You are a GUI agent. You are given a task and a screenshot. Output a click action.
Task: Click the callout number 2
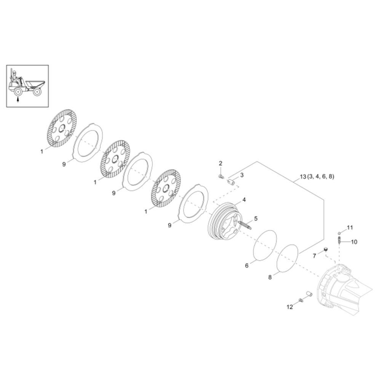[x=220, y=163]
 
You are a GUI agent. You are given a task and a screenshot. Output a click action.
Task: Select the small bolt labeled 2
[x=221, y=176]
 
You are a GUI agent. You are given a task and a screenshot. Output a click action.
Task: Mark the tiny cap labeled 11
[x=339, y=232]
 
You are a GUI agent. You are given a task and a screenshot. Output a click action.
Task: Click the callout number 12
[x=290, y=307]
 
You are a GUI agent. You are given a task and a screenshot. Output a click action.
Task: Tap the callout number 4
[x=244, y=200]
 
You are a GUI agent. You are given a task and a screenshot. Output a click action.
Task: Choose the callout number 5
[x=256, y=219]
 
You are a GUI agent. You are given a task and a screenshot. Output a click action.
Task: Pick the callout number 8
[x=270, y=277]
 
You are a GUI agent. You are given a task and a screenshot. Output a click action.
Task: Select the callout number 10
[x=354, y=242]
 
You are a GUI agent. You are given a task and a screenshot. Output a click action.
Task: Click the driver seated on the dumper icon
[x=16, y=78]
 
